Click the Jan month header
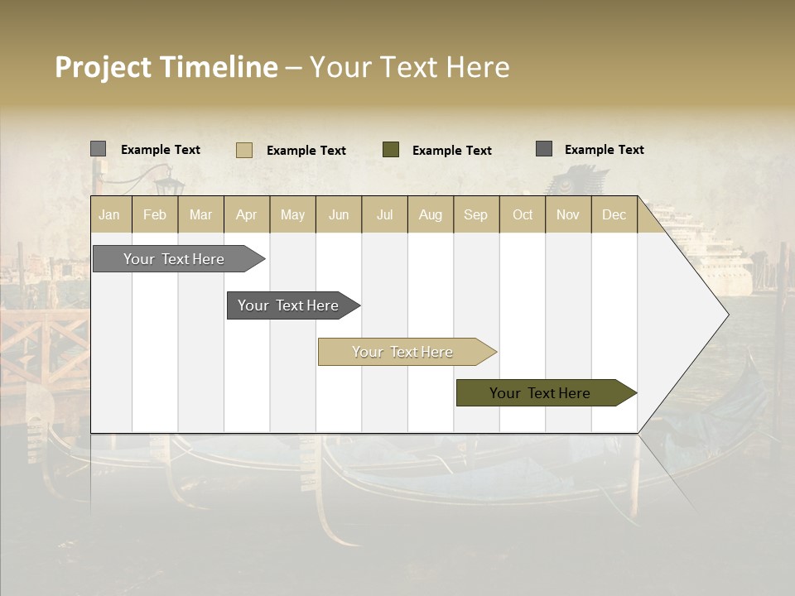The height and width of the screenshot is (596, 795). [x=109, y=215]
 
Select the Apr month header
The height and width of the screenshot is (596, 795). [x=247, y=215]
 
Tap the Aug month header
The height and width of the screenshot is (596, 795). [x=431, y=215]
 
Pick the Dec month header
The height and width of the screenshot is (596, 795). [x=614, y=215]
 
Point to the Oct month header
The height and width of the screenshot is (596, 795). [x=523, y=215]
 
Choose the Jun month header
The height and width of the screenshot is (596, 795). [x=339, y=215]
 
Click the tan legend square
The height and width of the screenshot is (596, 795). [x=244, y=150]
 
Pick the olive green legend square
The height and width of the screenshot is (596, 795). [x=391, y=149]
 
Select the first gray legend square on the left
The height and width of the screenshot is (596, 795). [x=99, y=149]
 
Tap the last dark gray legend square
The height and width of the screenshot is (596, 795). [x=544, y=149]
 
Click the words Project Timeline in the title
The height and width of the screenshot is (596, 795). [x=166, y=67]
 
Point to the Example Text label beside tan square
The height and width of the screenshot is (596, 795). [x=306, y=151]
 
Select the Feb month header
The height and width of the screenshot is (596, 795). [x=155, y=215]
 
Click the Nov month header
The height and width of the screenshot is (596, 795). [x=568, y=215]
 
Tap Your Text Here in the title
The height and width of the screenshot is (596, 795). [x=410, y=67]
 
